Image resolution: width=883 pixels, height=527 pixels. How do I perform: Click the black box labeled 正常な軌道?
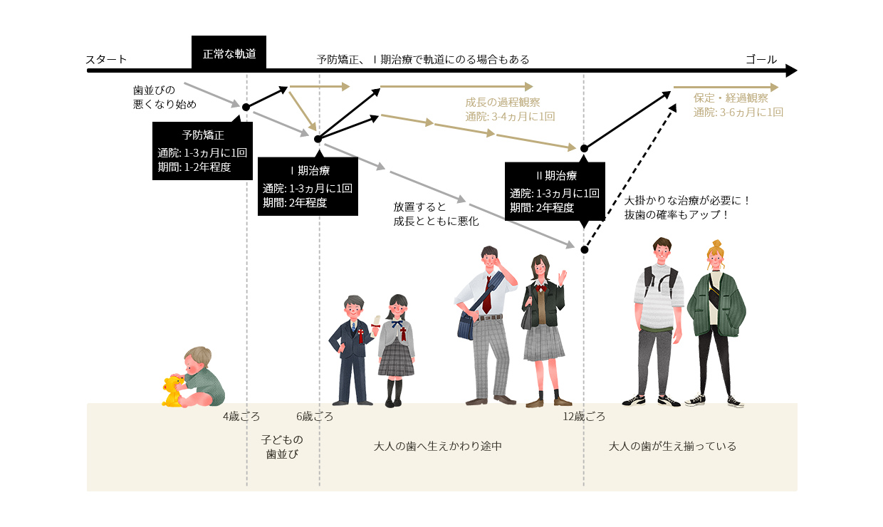point(229,53)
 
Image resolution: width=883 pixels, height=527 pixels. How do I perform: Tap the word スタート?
point(106,59)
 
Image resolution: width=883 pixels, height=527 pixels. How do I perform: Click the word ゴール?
point(761,59)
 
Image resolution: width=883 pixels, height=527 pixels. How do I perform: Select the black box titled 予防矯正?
point(202,150)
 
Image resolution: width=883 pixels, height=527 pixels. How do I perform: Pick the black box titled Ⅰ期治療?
point(307,186)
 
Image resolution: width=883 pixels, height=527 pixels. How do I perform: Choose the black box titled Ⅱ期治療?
point(555,192)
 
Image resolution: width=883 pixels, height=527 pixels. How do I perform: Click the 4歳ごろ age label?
point(241,417)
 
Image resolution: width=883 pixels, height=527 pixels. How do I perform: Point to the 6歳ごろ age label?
point(315,417)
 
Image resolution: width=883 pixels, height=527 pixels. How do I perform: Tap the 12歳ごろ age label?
point(584,417)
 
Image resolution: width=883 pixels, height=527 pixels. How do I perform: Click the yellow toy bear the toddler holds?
point(172,390)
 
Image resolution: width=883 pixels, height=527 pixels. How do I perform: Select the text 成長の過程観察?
point(502,102)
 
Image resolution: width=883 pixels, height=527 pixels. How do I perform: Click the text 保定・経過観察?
point(731,98)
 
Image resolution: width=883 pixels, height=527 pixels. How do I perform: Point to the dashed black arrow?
point(630,176)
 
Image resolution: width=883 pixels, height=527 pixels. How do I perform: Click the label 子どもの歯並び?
point(282,447)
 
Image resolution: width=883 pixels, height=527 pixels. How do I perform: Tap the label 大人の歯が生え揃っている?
point(672,447)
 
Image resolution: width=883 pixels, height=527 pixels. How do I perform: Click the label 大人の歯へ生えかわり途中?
point(438,447)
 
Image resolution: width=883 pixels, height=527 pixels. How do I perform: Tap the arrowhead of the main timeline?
point(791,71)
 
